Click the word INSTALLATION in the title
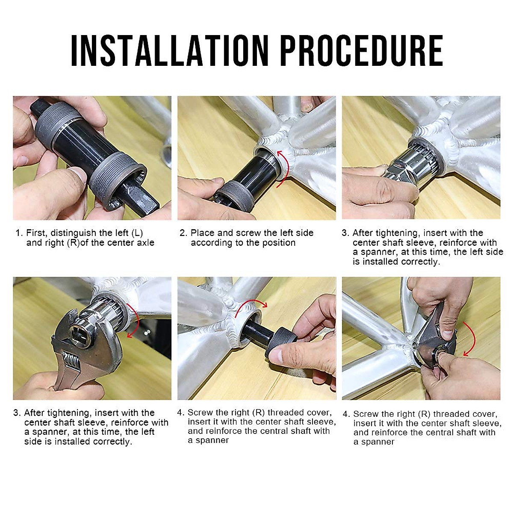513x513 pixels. (170, 50)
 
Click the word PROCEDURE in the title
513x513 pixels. (362, 50)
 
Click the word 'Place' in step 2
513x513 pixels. (203, 233)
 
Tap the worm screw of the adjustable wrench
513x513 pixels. (71, 360)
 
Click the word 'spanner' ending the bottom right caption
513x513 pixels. (378, 442)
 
